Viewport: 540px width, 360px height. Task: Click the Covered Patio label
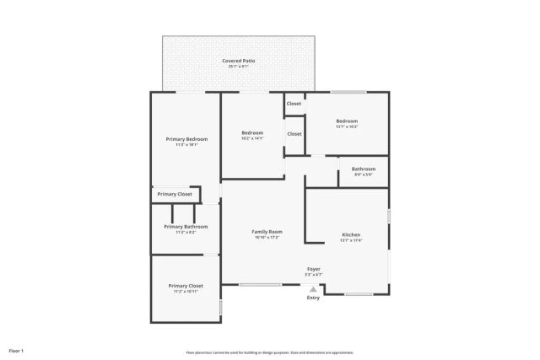[x=239, y=61]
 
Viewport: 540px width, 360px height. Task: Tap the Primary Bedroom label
[x=186, y=139]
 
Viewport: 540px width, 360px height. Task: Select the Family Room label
[x=267, y=232]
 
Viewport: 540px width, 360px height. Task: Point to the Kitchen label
[x=351, y=234]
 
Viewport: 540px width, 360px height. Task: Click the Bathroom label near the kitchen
[x=364, y=169]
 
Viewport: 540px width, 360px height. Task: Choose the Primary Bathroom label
[x=186, y=226]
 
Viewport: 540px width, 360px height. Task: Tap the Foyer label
[x=313, y=269]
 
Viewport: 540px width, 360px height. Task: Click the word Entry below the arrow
[x=313, y=298]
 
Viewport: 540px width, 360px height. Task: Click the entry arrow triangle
[x=313, y=288]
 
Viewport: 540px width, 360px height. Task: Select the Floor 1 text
[x=16, y=350]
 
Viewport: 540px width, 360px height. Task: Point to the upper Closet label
[x=294, y=104]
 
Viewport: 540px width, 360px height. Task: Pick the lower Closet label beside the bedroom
[x=294, y=133]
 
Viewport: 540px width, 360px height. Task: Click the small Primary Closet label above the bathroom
[x=175, y=195]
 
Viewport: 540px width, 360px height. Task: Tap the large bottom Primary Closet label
[x=186, y=286]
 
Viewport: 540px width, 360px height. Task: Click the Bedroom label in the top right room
[x=347, y=121]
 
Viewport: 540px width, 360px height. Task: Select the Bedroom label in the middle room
[x=252, y=132]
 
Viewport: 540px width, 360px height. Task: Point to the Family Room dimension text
[x=267, y=238]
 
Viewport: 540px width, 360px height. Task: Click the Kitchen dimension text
[x=351, y=240]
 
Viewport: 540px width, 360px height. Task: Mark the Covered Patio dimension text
[x=239, y=67]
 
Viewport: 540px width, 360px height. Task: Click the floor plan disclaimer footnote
[x=270, y=352]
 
